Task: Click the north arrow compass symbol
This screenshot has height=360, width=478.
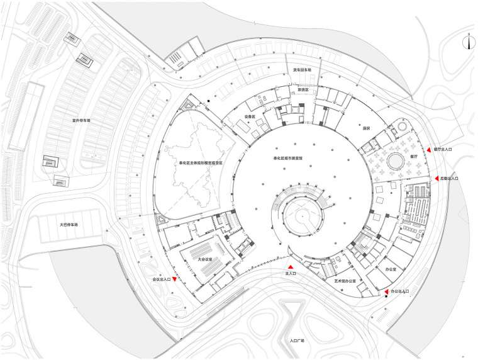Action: [x=469, y=42]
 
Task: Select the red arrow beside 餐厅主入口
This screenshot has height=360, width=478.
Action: [x=428, y=150]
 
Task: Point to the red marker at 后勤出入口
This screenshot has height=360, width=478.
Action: [x=434, y=179]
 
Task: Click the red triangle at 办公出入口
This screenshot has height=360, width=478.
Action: [x=386, y=292]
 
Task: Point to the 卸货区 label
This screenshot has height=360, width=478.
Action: [x=303, y=90]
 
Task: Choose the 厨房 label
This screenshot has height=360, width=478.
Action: [x=366, y=127]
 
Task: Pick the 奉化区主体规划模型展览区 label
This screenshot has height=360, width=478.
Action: [x=200, y=162]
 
